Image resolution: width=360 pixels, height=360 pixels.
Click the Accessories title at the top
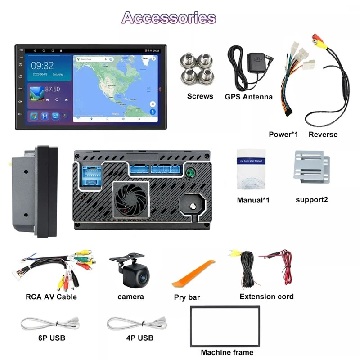[x=169, y=18]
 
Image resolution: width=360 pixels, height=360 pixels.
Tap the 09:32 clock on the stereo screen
[x=42, y=66]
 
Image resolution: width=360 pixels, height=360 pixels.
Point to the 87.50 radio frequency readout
[x=53, y=90]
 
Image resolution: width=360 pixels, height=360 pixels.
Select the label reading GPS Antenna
[x=248, y=97]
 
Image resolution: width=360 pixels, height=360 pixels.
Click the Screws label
[x=200, y=96]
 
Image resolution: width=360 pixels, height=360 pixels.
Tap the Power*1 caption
[x=284, y=134]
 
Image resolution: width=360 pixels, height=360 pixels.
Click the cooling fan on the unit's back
[x=131, y=199]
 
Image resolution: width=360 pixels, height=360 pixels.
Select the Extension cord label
[x=266, y=297]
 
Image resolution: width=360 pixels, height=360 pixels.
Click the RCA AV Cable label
[x=51, y=297]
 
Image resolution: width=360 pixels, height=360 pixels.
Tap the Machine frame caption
[x=227, y=352]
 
